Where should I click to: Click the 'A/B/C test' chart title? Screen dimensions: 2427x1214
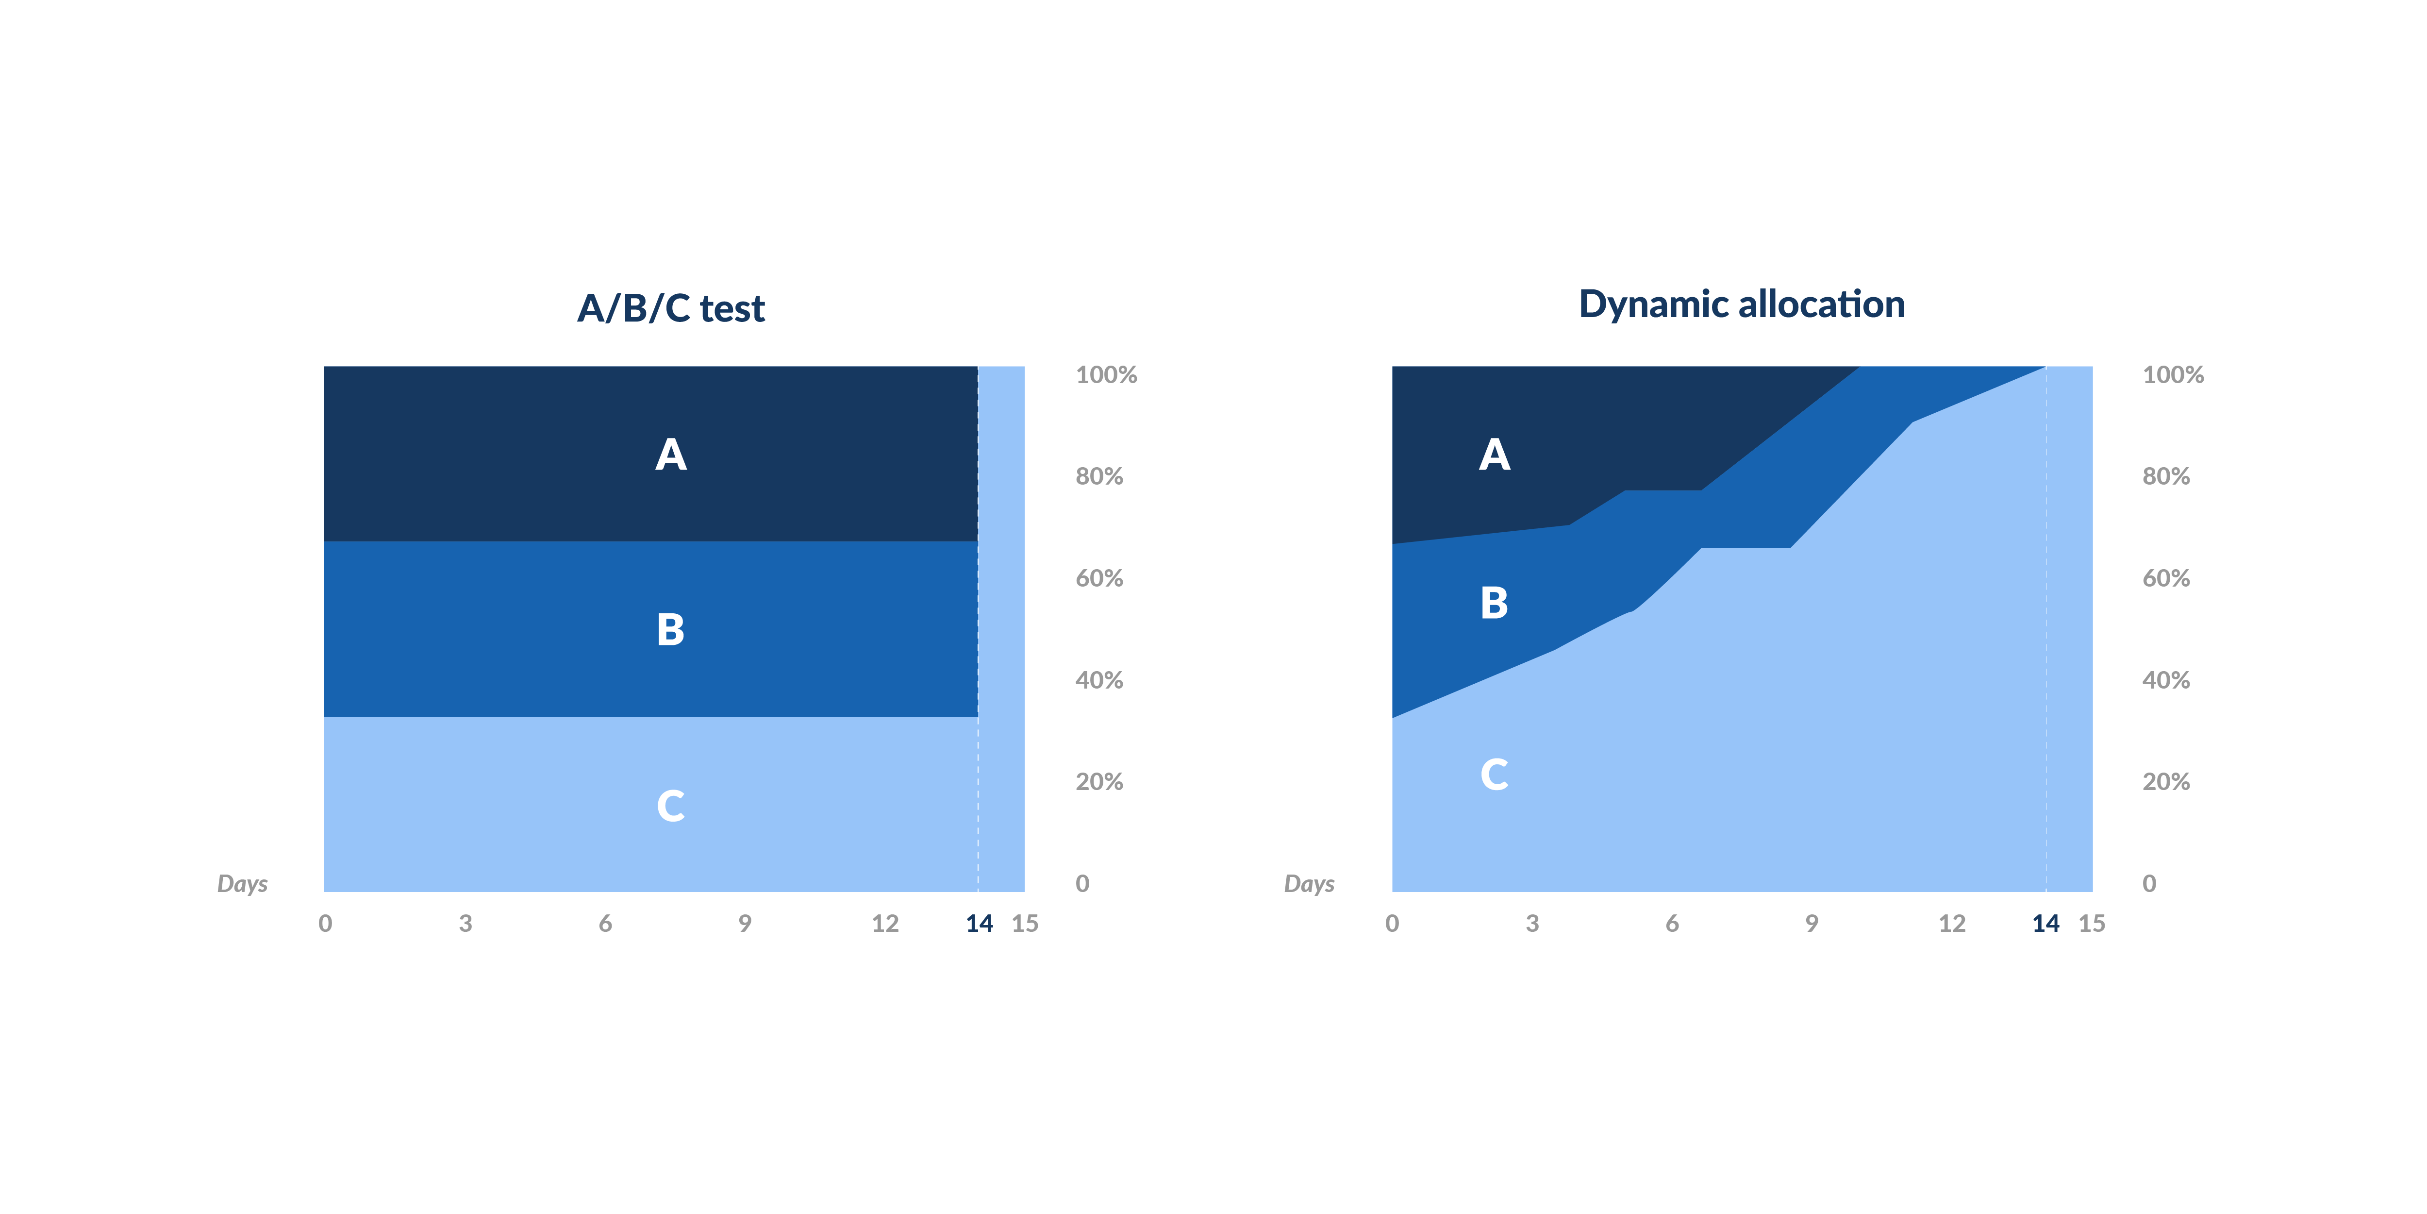[671, 308]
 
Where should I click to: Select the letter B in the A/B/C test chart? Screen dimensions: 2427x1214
[671, 630]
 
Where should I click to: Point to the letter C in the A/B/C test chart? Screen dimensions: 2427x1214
[671, 806]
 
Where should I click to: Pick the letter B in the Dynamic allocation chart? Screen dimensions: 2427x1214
[1494, 603]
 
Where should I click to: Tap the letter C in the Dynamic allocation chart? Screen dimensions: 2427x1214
[1494, 775]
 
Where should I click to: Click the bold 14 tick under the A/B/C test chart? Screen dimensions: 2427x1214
[979, 924]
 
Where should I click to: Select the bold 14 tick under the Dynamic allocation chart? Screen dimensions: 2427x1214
[2045, 924]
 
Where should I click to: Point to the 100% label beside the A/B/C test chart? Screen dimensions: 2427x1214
[1106, 375]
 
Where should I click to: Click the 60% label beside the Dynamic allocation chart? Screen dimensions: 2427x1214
[2166, 579]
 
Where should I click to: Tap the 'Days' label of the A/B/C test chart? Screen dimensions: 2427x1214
[242, 884]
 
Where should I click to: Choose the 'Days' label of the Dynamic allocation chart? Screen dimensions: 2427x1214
[1310, 884]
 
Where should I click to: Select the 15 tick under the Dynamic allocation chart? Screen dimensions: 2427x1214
[2092, 924]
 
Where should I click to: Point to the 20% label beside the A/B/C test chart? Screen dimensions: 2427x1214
[1099, 782]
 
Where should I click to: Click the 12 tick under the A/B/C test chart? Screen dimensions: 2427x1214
[885, 924]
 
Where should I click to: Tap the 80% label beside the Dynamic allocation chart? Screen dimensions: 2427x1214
[2166, 477]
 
